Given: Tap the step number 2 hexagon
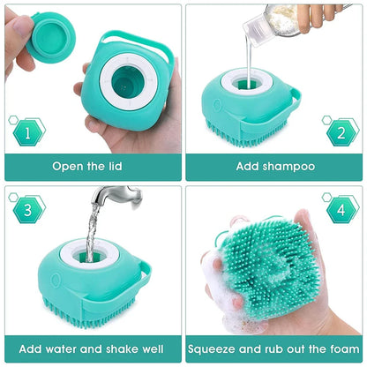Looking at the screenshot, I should [337, 134].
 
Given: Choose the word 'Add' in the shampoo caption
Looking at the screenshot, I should [249, 166].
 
